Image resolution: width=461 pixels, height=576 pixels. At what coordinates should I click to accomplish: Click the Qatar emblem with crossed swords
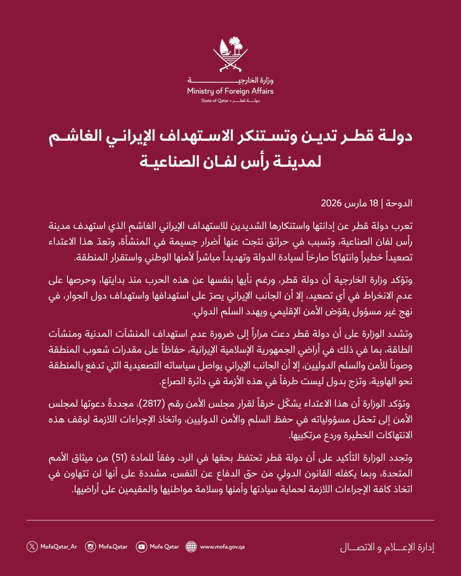(230, 54)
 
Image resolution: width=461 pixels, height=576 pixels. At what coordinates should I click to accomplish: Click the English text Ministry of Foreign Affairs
(230, 91)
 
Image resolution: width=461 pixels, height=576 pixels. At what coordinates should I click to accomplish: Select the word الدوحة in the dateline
(399, 203)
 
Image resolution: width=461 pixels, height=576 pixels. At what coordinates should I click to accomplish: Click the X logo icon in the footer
(32, 547)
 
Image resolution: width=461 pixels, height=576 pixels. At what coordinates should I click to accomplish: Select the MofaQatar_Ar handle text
(59, 547)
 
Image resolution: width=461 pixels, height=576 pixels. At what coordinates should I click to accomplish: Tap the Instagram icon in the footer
(90, 547)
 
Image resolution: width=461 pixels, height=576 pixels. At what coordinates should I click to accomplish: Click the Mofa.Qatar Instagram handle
(113, 547)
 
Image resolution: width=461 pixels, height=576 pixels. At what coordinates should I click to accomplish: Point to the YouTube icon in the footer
(142, 547)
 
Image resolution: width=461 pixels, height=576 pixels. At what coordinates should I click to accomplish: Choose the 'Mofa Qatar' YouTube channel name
(164, 547)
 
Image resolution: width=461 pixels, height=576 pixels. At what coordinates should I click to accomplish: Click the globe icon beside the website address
(191, 547)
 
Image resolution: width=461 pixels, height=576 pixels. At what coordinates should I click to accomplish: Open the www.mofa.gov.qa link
(222, 547)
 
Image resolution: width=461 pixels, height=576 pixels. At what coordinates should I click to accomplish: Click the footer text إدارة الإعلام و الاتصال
(387, 548)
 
